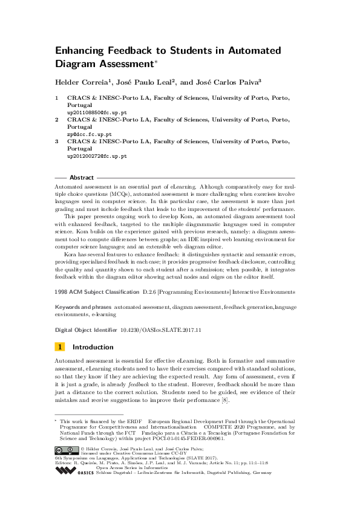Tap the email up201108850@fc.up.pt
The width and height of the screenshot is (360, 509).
click(97, 112)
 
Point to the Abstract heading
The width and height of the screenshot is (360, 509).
click(82, 178)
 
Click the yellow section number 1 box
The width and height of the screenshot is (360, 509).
click(60, 347)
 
